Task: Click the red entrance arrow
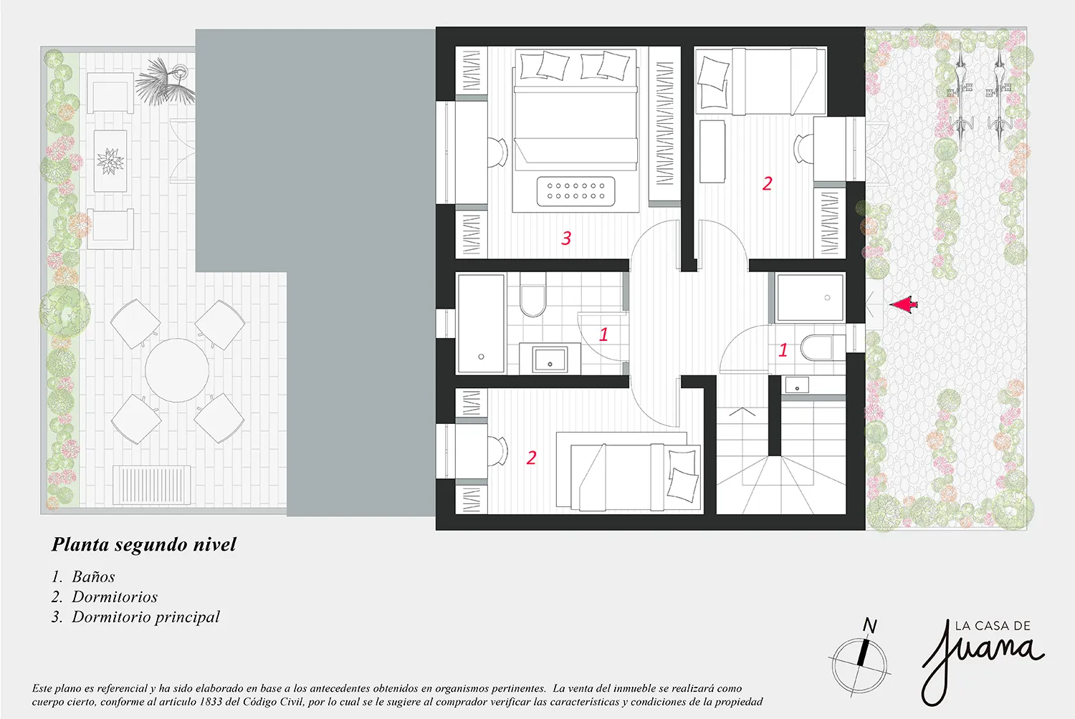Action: click(904, 305)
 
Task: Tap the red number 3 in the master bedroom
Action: click(566, 238)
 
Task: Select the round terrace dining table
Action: click(177, 370)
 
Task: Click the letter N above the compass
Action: click(869, 625)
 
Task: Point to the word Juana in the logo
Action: click(981, 662)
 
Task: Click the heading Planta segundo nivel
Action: click(144, 544)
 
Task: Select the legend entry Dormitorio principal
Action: click(146, 617)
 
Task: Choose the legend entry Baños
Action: click(94, 576)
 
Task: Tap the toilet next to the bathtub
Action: click(532, 294)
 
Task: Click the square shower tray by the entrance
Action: click(811, 297)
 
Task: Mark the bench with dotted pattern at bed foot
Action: click(576, 191)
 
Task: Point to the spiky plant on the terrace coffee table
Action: click(110, 160)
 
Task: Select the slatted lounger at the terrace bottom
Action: click(152, 485)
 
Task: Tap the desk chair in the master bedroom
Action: click(498, 153)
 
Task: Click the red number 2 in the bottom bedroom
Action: click(531, 458)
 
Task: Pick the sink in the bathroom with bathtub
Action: click(550, 359)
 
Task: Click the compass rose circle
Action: click(859, 665)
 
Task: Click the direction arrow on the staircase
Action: click(742, 412)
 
